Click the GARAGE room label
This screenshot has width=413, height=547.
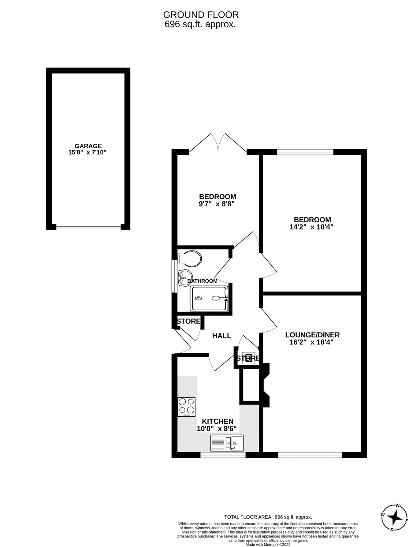pyautogui.click(x=88, y=146)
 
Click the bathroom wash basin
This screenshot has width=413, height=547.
pyautogui.click(x=185, y=278)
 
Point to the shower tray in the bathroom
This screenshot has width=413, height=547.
pyautogui.click(x=209, y=298)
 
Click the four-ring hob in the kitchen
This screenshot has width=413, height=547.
pyautogui.click(x=186, y=407)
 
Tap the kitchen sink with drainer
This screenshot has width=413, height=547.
pyautogui.click(x=227, y=443)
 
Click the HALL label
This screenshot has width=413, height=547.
pyautogui.click(x=221, y=336)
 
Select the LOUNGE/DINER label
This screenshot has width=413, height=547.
pyautogui.click(x=312, y=335)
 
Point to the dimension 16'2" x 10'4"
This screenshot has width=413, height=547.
pyautogui.click(x=311, y=342)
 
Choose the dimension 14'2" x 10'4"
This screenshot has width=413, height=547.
pyautogui.click(x=311, y=227)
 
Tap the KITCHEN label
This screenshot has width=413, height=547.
pyautogui.click(x=218, y=421)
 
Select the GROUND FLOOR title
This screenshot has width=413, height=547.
pyautogui.click(x=201, y=14)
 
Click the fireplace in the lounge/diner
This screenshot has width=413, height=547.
pyautogui.click(x=267, y=385)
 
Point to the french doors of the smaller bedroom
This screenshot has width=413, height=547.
pyautogui.click(x=218, y=143)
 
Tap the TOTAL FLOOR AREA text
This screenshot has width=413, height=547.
pyautogui.click(x=268, y=517)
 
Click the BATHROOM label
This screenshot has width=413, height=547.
pyautogui.click(x=202, y=281)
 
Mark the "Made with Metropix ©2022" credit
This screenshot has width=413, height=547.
pyautogui.click(x=268, y=545)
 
